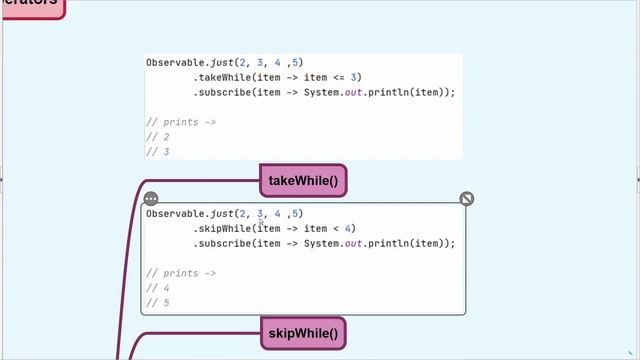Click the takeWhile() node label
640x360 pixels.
click(x=303, y=180)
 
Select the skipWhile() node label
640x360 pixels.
click(x=303, y=333)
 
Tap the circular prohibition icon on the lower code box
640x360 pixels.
click(x=467, y=199)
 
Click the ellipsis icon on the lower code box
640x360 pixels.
click(x=151, y=199)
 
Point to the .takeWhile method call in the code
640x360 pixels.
click(x=221, y=77)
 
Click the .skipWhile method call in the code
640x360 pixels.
click(x=221, y=228)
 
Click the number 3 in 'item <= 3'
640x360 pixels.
click(x=356, y=77)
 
